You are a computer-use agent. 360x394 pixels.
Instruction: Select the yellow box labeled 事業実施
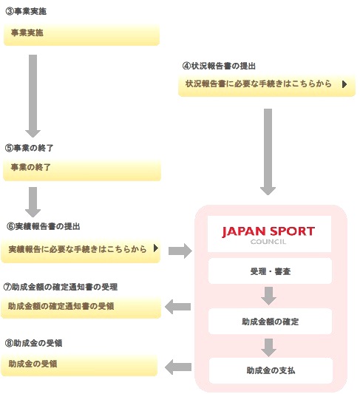pos(81,35)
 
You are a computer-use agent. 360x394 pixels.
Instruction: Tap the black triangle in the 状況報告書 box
pos(344,84)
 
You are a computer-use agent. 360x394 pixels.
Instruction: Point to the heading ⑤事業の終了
pos(29,148)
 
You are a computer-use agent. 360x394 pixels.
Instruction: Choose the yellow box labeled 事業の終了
pos(81,169)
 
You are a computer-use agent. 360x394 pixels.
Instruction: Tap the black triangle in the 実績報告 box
pos(156,249)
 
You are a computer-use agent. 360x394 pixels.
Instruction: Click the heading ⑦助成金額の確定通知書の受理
pos(61,286)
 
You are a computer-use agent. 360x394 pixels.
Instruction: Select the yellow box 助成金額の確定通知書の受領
pos(81,307)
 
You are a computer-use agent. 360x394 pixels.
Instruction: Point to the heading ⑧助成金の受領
pos(34,344)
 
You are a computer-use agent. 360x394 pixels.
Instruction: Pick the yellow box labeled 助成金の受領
pos(81,364)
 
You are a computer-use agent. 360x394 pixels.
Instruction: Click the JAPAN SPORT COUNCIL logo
pos(269,234)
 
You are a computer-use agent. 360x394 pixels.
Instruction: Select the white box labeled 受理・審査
pos(269,272)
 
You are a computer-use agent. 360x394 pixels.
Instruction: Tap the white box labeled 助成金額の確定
pos(269,322)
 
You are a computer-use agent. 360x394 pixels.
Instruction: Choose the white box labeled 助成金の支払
pos(269,370)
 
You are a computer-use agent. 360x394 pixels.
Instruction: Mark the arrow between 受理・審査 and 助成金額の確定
pos(269,296)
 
